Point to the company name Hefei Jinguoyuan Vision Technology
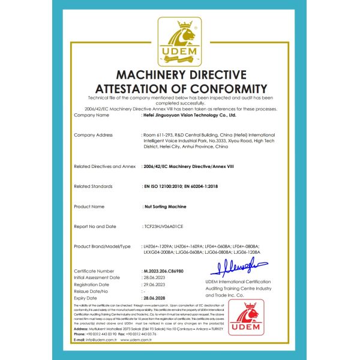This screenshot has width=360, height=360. tap(191, 115)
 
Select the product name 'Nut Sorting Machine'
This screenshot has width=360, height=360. tap(165, 206)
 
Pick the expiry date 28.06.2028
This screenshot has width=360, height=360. tap(155, 297)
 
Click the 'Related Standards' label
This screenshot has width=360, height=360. tap(93, 186)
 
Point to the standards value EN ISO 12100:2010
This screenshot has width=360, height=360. tap(167, 186)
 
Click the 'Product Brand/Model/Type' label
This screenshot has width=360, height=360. tap(102, 247)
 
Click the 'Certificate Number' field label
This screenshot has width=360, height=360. tap(94, 271)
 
